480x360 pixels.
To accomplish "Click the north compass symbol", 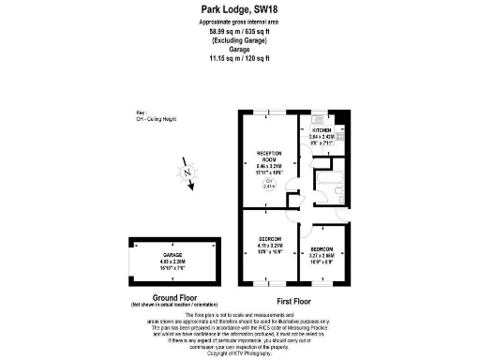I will pos(188,173).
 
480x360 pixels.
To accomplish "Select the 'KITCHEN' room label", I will pos(323,129).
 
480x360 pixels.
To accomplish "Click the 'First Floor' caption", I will pos(294,300).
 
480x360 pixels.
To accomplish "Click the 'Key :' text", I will pos(142,110).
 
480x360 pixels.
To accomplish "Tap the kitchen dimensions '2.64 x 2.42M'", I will pos(323,137).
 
